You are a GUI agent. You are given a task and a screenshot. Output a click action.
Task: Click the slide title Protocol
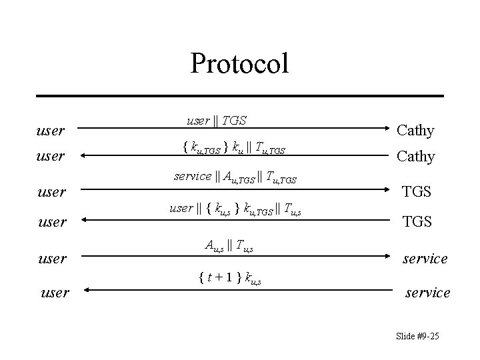pyautogui.click(x=239, y=64)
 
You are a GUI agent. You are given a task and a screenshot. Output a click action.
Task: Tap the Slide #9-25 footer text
pyautogui.click(x=417, y=335)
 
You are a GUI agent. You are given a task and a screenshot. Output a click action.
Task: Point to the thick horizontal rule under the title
pyautogui.click(x=239, y=96)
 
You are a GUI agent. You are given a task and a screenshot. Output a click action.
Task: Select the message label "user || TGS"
pyautogui.click(x=216, y=120)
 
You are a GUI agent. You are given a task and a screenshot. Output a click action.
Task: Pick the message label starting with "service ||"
pyautogui.click(x=235, y=177)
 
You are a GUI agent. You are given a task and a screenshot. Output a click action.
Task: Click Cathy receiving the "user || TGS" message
pyautogui.click(x=415, y=130)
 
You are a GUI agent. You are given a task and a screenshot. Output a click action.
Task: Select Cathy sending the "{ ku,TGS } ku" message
pyautogui.click(x=415, y=157)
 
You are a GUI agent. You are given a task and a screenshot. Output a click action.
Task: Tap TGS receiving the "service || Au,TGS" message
pyautogui.click(x=417, y=192)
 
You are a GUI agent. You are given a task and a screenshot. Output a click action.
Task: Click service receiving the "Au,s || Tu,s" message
pyautogui.click(x=425, y=258)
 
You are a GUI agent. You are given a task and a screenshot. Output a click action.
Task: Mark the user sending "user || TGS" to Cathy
pyautogui.click(x=51, y=130)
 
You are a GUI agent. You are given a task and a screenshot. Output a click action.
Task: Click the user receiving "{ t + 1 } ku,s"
pyautogui.click(x=55, y=291)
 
